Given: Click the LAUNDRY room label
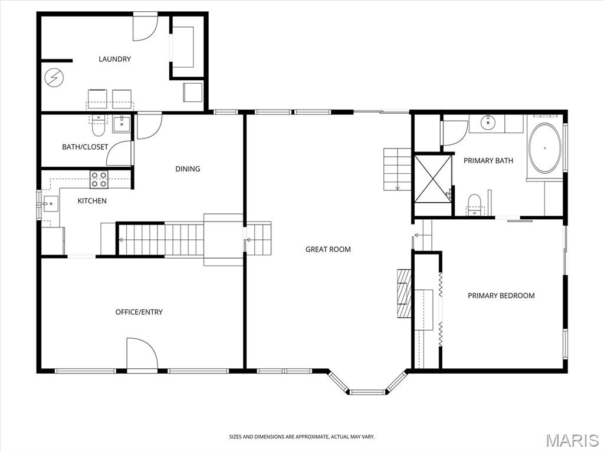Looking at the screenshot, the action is pos(114,59).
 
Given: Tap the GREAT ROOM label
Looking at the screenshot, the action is pos(328,249).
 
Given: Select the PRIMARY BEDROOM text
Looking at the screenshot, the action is pos(501,295).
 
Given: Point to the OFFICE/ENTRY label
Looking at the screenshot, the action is pos(139,312).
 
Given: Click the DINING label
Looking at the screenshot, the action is pos(188,169).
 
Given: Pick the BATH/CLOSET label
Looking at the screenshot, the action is pos(85,147).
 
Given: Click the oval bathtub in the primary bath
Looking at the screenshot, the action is pos(544,148).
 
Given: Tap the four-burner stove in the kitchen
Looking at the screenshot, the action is pos(99,179).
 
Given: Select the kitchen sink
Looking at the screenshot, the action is pos(51,204).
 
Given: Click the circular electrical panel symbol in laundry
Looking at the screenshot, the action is pos(54,78).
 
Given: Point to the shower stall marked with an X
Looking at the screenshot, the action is pos(432,178).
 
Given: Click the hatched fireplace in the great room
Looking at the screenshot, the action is pos(404,293).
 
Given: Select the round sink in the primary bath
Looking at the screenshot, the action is pos(488,123).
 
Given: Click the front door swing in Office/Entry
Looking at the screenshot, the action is pos(142,354).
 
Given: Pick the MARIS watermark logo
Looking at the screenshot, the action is pos(572,440).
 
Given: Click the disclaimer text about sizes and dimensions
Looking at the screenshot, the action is pos(301,437).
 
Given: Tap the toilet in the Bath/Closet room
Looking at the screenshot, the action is pos(99,126).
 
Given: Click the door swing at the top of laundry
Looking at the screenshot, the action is pos(145,27).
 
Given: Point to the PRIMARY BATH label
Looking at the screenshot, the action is pos(488,160).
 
